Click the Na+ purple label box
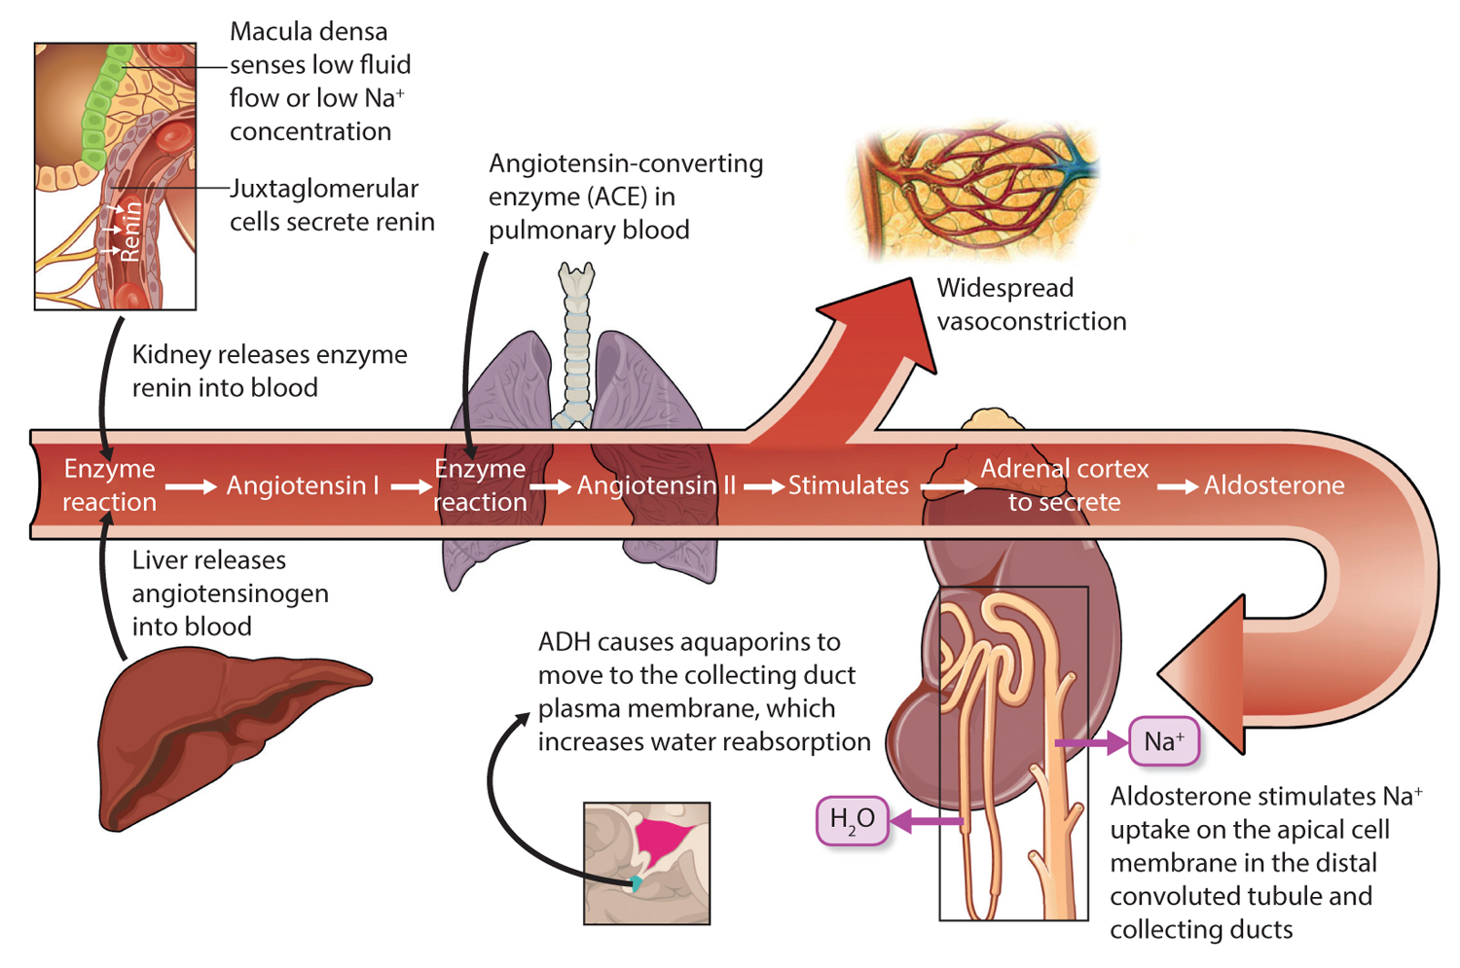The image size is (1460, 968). [1163, 742]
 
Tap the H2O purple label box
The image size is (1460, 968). [852, 820]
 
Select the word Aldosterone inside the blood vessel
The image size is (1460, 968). [1274, 485]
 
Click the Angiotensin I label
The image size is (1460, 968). [302, 485]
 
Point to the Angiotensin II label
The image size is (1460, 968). [656, 485]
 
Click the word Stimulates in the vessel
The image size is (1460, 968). [848, 485]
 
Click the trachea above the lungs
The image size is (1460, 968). [576, 341]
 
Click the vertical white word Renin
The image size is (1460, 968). [130, 232]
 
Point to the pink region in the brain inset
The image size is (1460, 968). [664, 839]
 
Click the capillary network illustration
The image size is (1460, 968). [973, 190]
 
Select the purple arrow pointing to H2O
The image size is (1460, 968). [925, 822]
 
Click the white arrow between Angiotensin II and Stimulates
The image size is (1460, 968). [764, 486]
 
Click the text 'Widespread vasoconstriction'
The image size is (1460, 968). [1031, 305]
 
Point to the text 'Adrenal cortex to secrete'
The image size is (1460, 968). [1064, 485]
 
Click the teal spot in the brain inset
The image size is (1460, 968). [636, 883]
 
